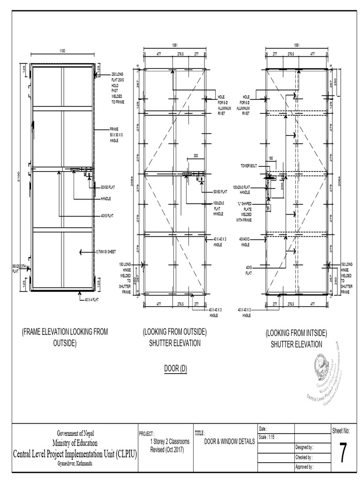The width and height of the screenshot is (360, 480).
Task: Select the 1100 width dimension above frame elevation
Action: point(62,50)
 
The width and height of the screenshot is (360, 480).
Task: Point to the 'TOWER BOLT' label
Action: point(248,165)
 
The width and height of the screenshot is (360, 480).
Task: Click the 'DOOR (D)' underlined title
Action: point(176,369)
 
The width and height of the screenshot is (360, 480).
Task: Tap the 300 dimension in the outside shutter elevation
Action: point(195,155)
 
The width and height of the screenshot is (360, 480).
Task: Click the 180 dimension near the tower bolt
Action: point(270,158)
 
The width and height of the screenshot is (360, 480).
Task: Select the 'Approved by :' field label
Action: point(305,467)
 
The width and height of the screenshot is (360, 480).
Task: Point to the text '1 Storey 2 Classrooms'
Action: point(169,442)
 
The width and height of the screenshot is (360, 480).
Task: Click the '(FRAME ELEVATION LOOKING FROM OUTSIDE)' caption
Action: point(65,337)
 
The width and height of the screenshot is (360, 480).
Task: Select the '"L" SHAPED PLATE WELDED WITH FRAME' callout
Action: point(244,211)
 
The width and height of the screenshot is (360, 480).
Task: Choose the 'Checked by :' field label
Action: point(304,457)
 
